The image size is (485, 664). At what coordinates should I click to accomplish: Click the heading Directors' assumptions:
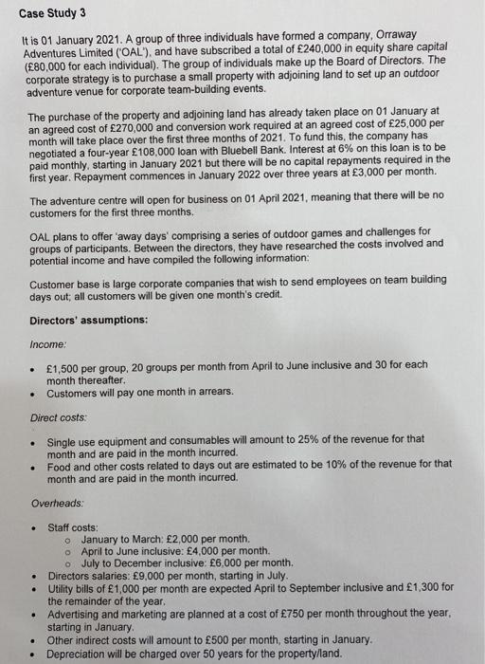point(88,320)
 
